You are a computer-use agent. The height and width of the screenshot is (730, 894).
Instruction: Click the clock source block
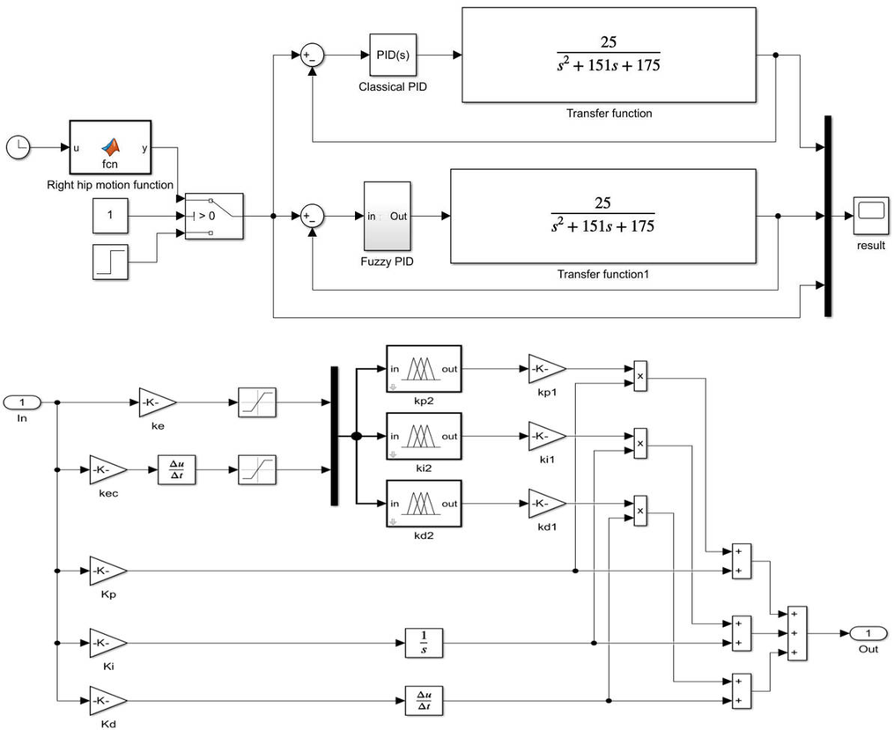click(18, 149)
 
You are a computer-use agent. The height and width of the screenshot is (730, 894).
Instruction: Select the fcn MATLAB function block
click(109, 148)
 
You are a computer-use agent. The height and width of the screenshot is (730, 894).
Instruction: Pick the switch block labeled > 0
click(214, 216)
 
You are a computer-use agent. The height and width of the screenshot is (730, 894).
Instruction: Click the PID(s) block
click(392, 55)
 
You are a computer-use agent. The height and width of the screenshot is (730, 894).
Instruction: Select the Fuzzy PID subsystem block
click(387, 216)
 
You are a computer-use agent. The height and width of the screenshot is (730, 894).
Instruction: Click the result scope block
click(870, 212)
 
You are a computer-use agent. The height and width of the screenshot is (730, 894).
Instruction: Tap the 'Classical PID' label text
click(393, 87)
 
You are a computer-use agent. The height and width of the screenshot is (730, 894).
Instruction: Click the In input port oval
click(23, 403)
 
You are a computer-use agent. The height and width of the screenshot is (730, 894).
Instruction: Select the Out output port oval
click(868, 634)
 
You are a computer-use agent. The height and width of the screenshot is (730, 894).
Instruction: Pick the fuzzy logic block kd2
click(424, 504)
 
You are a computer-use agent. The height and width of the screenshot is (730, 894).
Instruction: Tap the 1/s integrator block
click(424, 644)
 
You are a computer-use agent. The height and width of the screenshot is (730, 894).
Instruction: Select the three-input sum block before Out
click(796, 633)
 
